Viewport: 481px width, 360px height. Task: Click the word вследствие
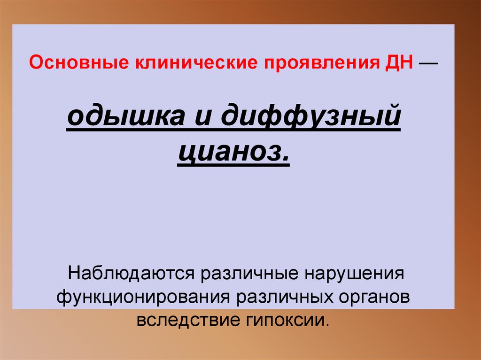click(x=187, y=321)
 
